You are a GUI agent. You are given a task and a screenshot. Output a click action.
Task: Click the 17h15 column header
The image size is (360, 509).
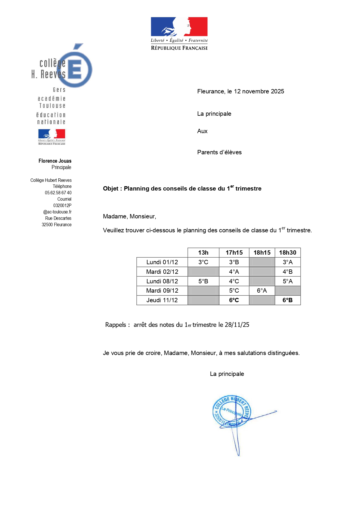coord(234,253)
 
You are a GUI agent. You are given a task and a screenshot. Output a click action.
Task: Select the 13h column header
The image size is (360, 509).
coord(203,253)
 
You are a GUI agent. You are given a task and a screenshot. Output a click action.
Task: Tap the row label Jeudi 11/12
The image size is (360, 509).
coord(162,300)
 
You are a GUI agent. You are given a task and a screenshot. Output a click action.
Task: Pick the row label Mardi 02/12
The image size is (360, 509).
coord(162,272)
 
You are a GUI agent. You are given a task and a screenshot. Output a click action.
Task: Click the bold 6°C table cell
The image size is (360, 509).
coord(234,300)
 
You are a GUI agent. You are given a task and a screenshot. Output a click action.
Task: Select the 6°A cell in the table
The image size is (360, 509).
coord(262,291)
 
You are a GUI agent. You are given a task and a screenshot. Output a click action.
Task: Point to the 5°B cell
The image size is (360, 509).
coord(203,281)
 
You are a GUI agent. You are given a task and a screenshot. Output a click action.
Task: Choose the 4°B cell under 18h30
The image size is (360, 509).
coord(287,272)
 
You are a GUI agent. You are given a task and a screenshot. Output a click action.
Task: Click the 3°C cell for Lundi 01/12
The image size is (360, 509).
coord(203,262)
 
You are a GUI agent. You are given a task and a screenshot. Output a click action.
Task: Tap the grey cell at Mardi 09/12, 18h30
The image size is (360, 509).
coord(287,291)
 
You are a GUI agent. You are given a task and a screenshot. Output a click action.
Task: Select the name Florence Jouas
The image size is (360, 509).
coord(55,161)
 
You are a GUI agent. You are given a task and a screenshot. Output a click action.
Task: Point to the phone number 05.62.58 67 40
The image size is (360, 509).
coord(58,193)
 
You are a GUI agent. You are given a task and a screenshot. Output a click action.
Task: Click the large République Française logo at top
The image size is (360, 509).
coord(179,33)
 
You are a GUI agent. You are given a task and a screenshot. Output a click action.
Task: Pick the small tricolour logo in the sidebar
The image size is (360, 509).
coord(52,137)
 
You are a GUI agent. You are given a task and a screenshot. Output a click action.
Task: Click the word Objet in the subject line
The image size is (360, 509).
coord(111,189)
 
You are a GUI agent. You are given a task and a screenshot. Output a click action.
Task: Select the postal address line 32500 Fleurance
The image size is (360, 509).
coord(57,224)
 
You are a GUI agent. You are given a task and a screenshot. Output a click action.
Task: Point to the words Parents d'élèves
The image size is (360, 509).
coord(219,152)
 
